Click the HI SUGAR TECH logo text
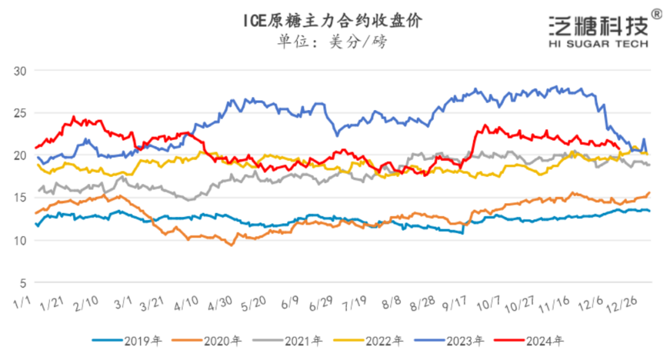(x=598, y=44)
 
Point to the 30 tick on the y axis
(x=20, y=70)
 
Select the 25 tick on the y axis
(x=20, y=113)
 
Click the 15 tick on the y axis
(x=20, y=198)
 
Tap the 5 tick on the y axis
(x=23, y=283)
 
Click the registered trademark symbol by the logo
(x=657, y=14)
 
